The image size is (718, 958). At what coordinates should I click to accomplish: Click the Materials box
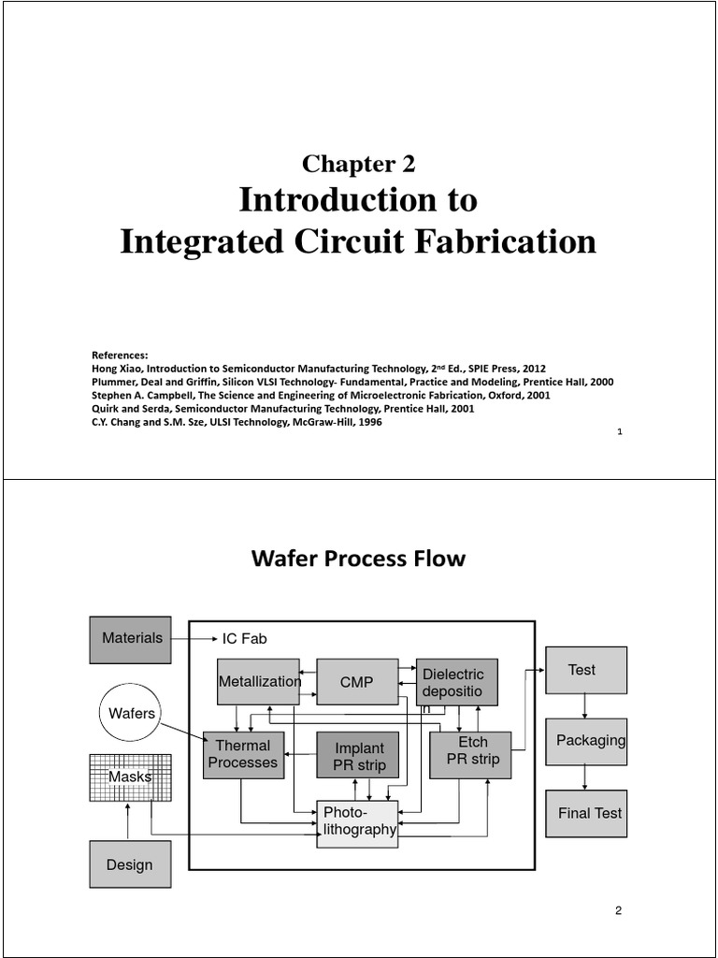[131, 639]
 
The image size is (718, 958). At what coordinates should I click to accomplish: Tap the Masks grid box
[130, 777]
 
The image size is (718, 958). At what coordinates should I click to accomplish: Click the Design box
[130, 864]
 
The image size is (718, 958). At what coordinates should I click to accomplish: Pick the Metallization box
[258, 682]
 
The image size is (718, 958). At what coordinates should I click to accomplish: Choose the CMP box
[356, 682]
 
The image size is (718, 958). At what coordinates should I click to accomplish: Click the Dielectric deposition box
[456, 682]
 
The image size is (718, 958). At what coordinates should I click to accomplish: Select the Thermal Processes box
[243, 754]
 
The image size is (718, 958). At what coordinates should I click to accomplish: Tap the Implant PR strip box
[358, 755]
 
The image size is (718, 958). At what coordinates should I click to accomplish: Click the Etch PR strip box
[471, 754]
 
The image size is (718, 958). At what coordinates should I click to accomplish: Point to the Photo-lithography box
[358, 823]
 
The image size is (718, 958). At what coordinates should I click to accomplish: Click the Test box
[585, 670]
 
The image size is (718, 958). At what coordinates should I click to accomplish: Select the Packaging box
[585, 741]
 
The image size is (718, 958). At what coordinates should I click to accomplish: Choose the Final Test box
[585, 813]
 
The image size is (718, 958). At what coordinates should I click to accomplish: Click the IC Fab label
[244, 638]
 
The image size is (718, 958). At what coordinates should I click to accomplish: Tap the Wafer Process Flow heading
[359, 559]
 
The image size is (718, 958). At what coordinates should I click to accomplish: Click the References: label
[119, 355]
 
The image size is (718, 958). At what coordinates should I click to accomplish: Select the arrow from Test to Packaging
[585, 705]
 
